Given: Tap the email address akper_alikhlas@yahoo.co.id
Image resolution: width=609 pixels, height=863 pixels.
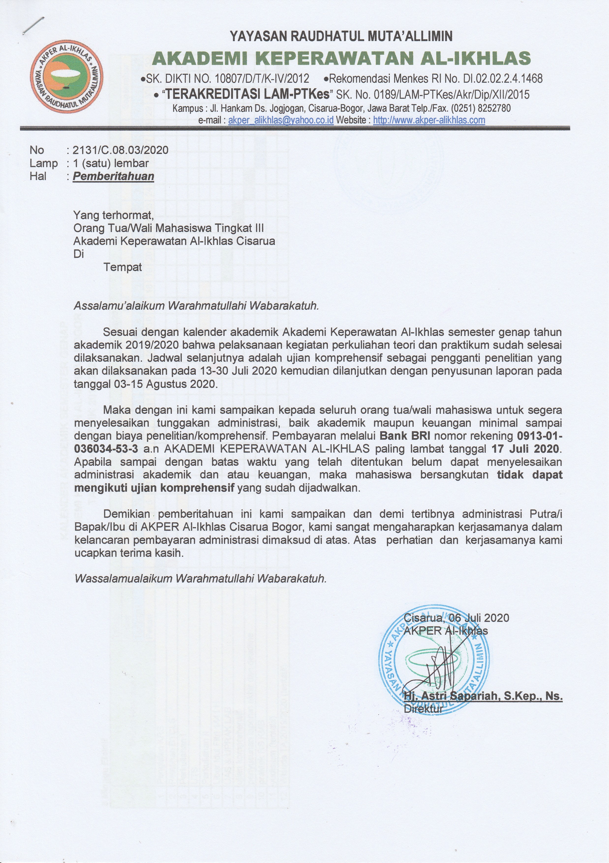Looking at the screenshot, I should pyautogui.click(x=281, y=120).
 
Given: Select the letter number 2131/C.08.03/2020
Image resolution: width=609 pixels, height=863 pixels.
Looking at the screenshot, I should pyautogui.click(x=120, y=150).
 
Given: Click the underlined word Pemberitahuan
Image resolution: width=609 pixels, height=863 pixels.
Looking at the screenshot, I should pyautogui.click(x=113, y=176).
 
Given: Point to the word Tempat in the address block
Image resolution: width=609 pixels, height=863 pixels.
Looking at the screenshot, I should pyautogui.click(x=123, y=267).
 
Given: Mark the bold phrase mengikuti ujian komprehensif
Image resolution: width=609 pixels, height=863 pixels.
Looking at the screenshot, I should pyautogui.click(x=154, y=488).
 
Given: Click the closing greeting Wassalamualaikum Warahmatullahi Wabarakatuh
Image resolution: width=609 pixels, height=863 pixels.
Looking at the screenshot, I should pyautogui.click(x=200, y=578).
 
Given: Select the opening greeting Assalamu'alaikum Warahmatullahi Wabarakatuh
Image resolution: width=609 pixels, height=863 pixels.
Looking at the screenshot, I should pyautogui.click(x=196, y=306).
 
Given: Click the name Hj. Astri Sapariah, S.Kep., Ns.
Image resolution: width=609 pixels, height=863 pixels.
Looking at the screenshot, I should pyautogui.click(x=483, y=696).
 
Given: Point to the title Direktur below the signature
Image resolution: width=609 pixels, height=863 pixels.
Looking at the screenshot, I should pyautogui.click(x=423, y=709).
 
